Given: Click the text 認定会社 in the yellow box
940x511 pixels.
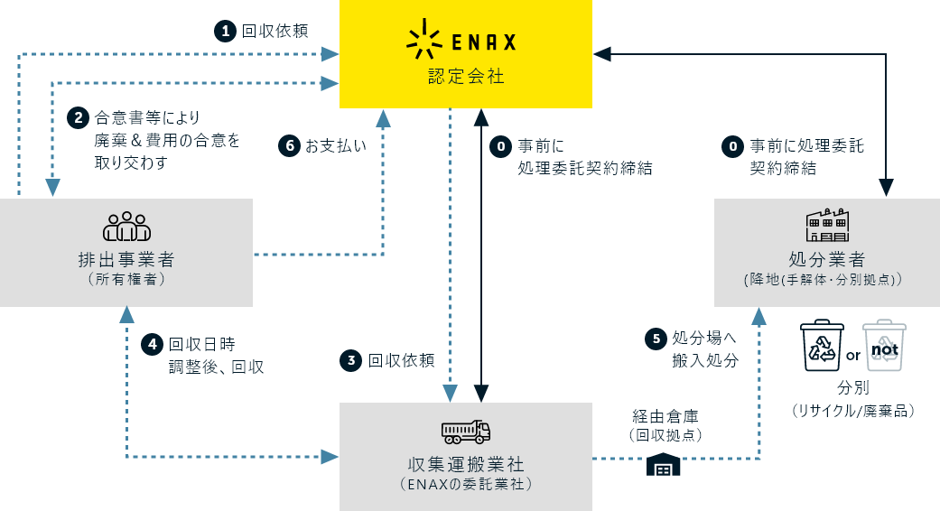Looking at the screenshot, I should point(466,77).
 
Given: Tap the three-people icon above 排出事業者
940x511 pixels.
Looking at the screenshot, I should point(126,226).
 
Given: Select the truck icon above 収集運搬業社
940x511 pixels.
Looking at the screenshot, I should point(466,432).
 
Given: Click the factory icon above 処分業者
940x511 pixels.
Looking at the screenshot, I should point(827,222).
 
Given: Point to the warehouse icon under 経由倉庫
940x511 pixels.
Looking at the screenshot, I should point(664,465).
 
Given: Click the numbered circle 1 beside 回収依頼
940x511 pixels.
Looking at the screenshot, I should point(225,31).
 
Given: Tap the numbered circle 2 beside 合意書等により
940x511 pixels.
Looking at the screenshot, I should point(79,117).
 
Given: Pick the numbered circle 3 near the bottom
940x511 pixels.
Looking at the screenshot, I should point(351,360).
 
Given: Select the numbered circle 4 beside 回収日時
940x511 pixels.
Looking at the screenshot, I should point(153,344).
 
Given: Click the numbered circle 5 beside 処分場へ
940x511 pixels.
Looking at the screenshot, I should point(656,339).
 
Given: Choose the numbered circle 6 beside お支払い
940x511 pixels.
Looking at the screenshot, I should point(289,145).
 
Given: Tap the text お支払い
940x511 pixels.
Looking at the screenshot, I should point(335,145).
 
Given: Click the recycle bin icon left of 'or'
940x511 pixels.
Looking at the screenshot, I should point(822,347).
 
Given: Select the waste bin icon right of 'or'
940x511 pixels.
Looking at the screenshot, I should point(884,347).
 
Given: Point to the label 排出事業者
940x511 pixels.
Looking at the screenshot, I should point(126,260).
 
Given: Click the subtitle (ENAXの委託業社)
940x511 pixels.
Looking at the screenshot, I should point(466,485).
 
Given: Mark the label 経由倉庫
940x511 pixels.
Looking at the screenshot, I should point(665,416).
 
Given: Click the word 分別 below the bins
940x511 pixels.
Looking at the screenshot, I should point(853,388).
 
